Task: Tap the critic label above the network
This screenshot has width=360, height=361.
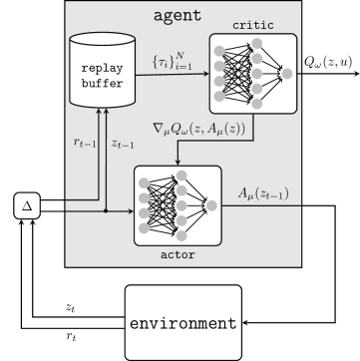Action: [252, 24]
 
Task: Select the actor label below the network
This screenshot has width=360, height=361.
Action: [176, 255]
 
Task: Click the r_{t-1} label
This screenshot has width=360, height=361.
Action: [86, 143]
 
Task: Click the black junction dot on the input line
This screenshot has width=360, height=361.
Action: [106, 210]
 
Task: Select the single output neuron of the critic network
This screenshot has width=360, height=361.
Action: [287, 73]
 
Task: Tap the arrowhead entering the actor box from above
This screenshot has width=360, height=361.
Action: [177, 163]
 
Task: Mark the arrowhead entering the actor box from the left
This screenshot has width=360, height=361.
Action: [130, 210]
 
